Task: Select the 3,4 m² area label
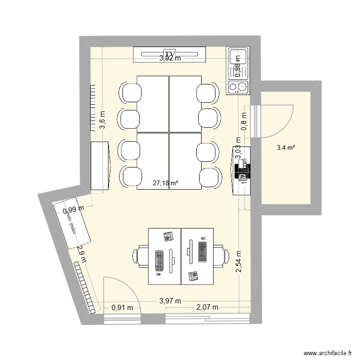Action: click(286, 147)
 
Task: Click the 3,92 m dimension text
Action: click(170, 59)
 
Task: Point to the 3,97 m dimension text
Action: click(170, 301)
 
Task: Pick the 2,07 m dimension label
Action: click(207, 307)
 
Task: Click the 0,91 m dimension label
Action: click(122, 308)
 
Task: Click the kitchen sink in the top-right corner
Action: click(238, 63)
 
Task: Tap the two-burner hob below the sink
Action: click(238, 87)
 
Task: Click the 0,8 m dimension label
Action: click(244, 121)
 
